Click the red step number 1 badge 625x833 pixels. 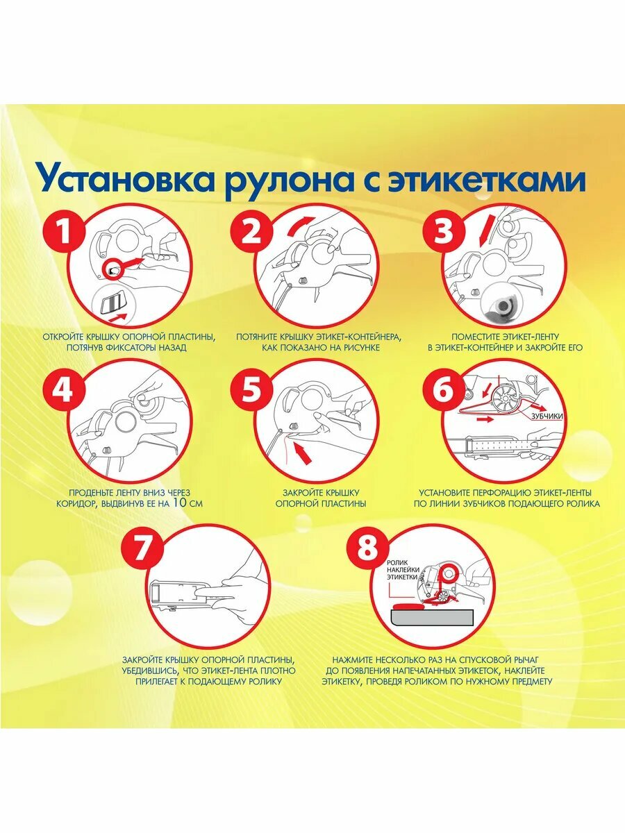(63, 233)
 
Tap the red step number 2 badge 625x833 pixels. (252, 233)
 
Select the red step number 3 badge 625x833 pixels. (443, 233)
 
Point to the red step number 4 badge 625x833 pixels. (63, 391)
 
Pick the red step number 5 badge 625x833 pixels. (252, 391)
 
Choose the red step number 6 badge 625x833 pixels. (443, 391)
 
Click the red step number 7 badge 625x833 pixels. (140, 548)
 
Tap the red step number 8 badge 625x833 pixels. (366, 548)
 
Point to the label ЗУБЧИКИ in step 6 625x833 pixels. (546, 416)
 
